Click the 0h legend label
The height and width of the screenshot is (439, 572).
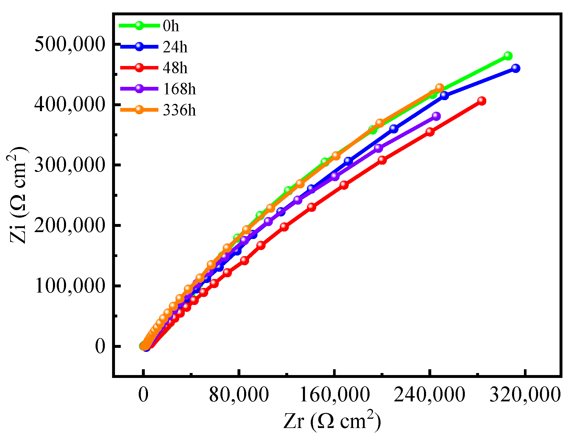pos(171,26)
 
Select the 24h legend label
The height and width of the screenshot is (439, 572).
pos(175,47)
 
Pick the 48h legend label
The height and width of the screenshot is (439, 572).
pos(175,68)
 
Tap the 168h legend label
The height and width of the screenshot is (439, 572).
pos(179,89)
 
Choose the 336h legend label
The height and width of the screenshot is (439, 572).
pos(179,110)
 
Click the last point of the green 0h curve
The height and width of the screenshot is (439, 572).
pos(508,56)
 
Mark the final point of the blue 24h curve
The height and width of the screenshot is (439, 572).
pos(516,68)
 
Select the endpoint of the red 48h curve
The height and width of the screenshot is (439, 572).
pos(482,101)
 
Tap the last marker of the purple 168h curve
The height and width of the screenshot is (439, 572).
pos(436,116)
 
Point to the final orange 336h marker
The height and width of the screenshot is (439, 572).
pos(440,87)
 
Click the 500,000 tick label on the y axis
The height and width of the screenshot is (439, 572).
pos(69,44)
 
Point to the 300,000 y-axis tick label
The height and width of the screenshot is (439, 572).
pos(69,165)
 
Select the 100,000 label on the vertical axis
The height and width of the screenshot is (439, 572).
pos(69,286)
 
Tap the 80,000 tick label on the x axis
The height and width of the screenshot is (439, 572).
pos(239,395)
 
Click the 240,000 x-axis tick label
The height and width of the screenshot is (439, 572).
pos(429,395)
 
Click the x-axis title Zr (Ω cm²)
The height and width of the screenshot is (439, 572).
pos(332,421)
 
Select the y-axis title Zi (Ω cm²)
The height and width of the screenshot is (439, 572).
pos(18,195)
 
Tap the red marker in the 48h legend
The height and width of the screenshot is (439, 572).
pos(139,67)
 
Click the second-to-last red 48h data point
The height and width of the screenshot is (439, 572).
pos(430,132)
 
